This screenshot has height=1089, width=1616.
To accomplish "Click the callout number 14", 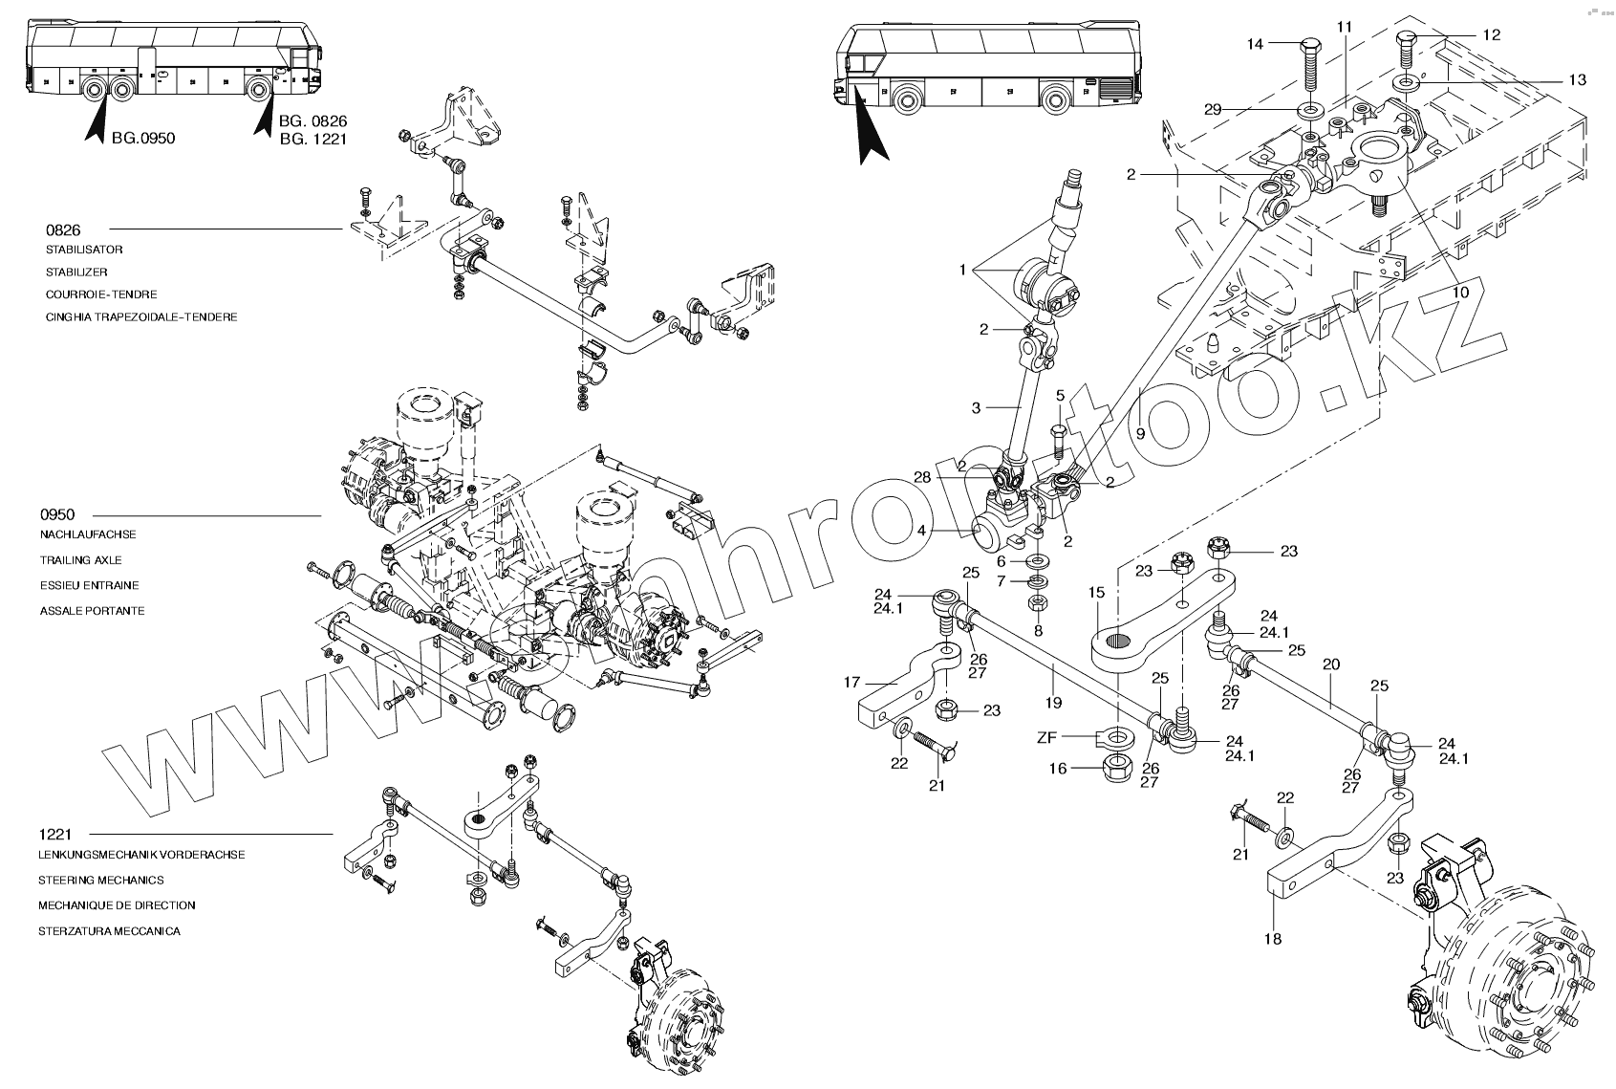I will click(x=1255, y=44).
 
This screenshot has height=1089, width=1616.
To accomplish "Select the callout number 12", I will click(x=1492, y=34).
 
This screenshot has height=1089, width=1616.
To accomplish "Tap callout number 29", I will click(x=1213, y=110).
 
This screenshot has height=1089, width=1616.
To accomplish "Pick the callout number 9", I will click(x=1140, y=432).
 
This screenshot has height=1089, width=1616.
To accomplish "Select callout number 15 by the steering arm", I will click(x=1095, y=593).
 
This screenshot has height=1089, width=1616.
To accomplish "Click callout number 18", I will click(x=1273, y=939).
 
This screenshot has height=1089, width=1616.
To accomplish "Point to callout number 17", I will click(x=852, y=682).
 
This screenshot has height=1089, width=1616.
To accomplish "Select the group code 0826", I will click(x=63, y=230).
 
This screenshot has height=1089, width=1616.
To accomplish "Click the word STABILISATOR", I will click(x=84, y=250).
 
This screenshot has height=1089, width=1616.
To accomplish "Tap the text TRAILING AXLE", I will click(x=81, y=560).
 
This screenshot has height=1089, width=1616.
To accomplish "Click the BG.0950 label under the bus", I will click(x=143, y=138).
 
